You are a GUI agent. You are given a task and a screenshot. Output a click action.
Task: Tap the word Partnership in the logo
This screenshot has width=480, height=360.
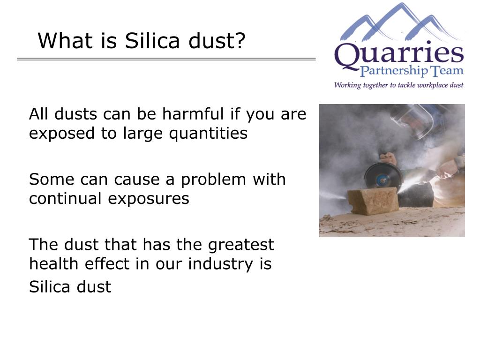point(394,71)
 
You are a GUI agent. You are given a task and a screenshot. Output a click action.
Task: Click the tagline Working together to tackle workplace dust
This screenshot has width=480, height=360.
point(398,85)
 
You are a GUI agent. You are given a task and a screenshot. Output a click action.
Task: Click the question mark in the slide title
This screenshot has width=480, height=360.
point(240,41)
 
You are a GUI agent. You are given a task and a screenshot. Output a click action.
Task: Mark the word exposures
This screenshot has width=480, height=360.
point(149,199)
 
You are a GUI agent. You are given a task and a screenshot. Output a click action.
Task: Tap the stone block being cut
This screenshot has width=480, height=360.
point(373,201)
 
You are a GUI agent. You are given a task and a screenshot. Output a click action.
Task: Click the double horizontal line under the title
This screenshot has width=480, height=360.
point(166,59)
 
